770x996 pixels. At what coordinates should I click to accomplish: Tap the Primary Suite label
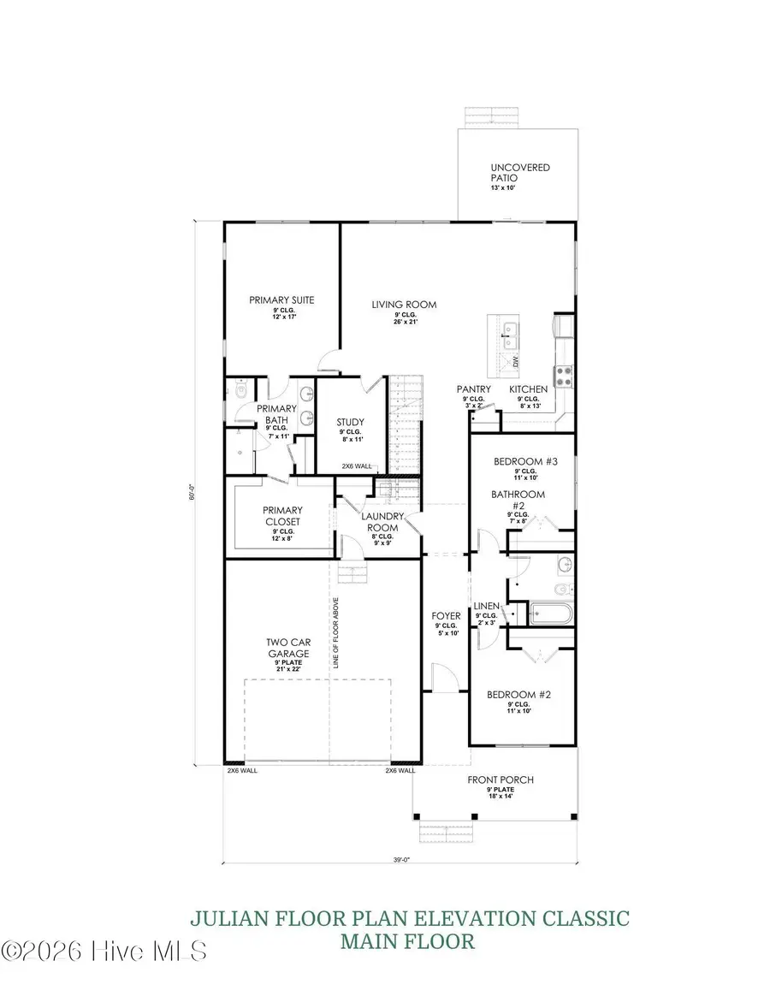pyautogui.click(x=281, y=300)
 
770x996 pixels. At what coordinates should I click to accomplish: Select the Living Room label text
pyautogui.click(x=404, y=305)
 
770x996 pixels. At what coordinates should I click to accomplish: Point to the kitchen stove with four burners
pyautogui.click(x=565, y=374)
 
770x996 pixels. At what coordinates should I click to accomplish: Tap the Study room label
pyautogui.click(x=350, y=422)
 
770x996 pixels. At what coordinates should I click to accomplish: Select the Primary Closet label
pyautogui.click(x=282, y=516)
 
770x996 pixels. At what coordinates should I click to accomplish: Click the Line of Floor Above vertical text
pyautogui.click(x=337, y=632)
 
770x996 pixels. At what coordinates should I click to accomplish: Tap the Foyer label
pyautogui.click(x=445, y=616)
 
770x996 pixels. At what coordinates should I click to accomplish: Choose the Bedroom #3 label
pyautogui.click(x=525, y=462)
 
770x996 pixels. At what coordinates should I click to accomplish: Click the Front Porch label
pyautogui.click(x=500, y=780)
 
